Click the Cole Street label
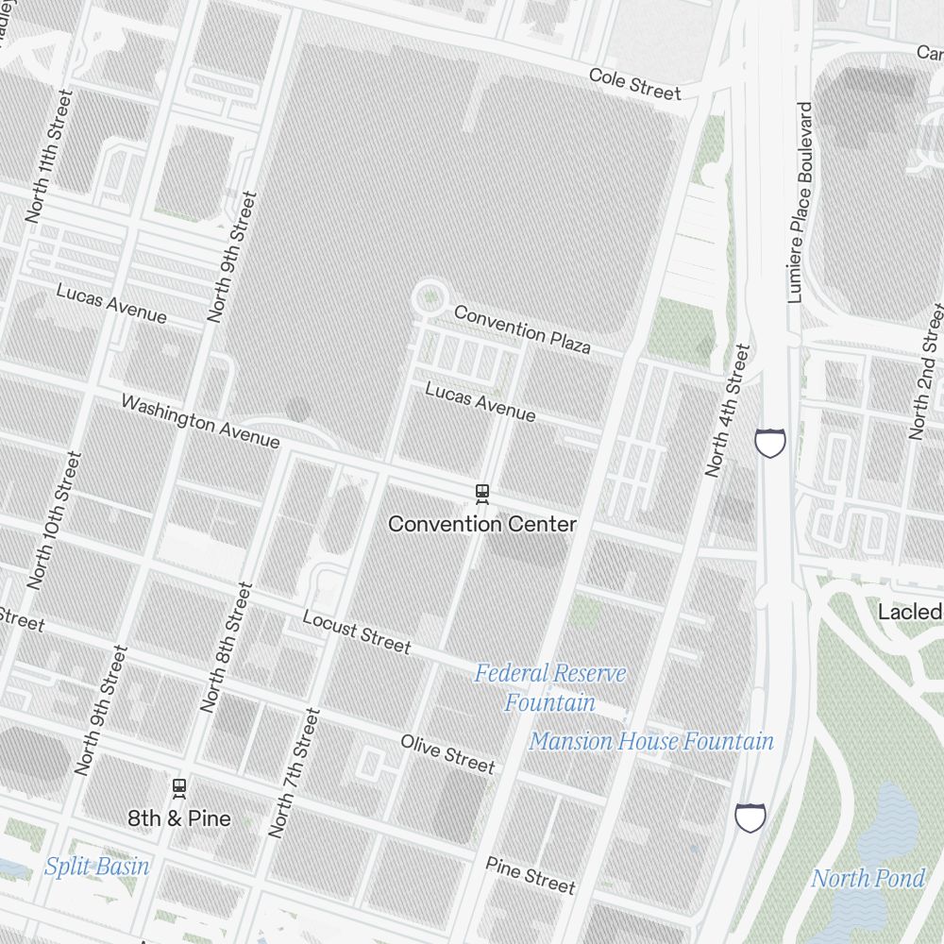(x=633, y=83)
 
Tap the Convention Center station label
(x=481, y=523)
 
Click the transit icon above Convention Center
(x=482, y=492)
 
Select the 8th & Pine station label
(x=179, y=818)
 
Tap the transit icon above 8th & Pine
(x=179, y=786)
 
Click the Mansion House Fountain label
(x=651, y=742)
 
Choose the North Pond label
(x=868, y=878)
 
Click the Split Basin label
(x=96, y=866)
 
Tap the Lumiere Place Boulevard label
(x=800, y=202)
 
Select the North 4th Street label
(x=728, y=411)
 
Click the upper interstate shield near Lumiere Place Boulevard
(x=770, y=442)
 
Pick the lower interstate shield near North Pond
(x=750, y=818)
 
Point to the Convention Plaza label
(x=522, y=329)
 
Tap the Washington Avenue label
(x=200, y=421)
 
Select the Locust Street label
(x=356, y=631)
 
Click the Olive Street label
(x=447, y=752)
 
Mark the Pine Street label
(x=530, y=874)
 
